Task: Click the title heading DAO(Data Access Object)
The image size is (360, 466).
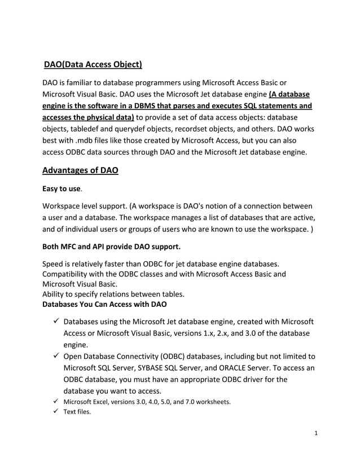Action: tap(93, 64)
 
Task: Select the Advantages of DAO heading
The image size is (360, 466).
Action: tap(81, 170)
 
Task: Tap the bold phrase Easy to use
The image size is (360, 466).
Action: tap(63, 192)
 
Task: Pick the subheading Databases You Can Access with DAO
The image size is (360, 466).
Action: tap(104, 305)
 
